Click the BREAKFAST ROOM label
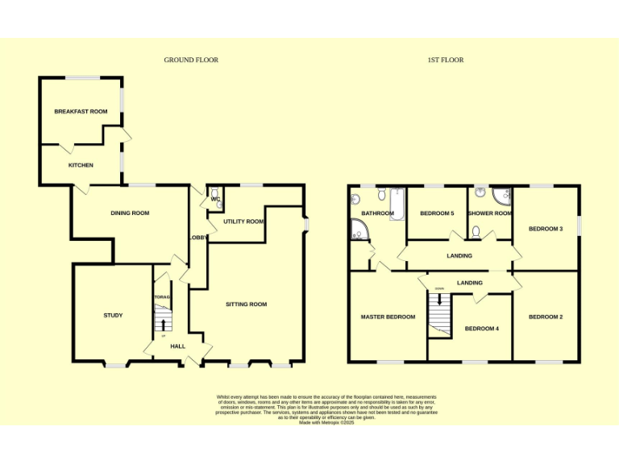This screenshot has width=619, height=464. point(81,111)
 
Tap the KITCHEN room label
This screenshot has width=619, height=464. point(81,165)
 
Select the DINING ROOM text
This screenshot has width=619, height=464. point(130,213)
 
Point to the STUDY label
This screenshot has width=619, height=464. point(113,315)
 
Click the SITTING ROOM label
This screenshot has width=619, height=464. point(246,304)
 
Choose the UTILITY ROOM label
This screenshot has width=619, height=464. point(243,221)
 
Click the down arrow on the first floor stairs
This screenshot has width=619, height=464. point(439,299)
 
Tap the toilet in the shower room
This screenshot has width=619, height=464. point(477,233)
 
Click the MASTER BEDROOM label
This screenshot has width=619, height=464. point(388,317)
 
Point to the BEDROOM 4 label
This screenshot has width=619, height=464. point(482,328)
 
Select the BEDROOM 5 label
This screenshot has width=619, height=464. point(438,213)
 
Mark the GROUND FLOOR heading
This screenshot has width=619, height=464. point(191,60)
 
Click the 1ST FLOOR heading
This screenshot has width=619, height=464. point(446,60)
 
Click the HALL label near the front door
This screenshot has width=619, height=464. point(178,346)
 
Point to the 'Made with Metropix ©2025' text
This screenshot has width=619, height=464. point(326,422)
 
